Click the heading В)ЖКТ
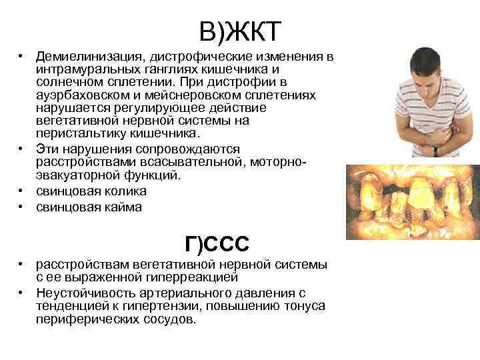click(x=241, y=31)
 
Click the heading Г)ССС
click(x=217, y=245)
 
